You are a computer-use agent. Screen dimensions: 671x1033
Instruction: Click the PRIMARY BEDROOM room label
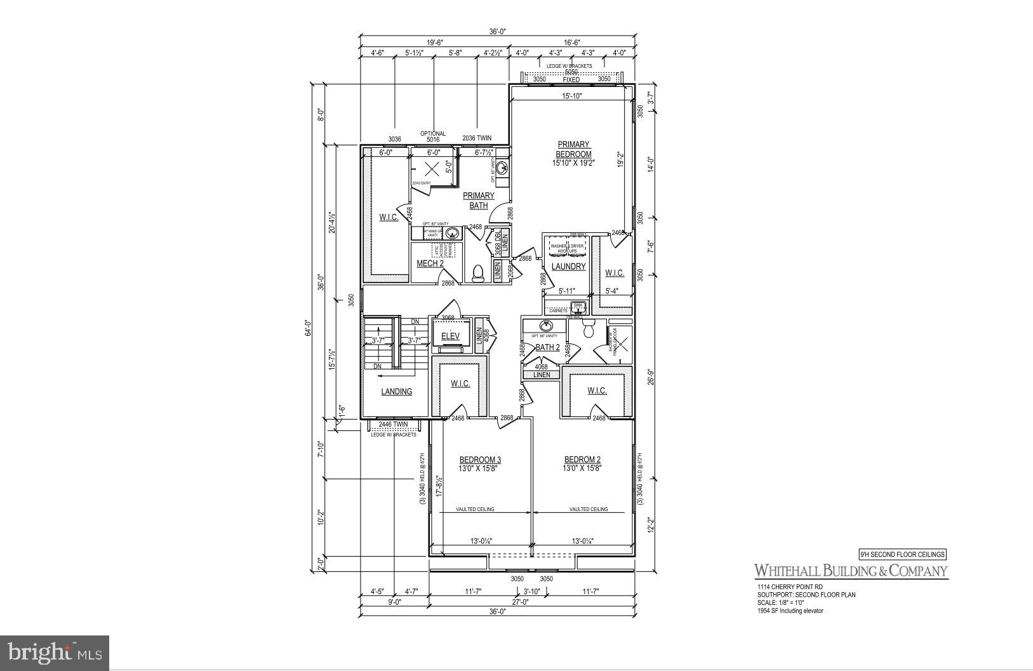pyautogui.click(x=573, y=149)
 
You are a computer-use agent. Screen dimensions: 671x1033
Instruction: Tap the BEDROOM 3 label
pyautogui.click(x=480, y=460)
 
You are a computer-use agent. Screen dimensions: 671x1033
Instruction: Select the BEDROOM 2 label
pyautogui.click(x=582, y=460)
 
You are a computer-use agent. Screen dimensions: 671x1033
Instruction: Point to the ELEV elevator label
pyautogui.click(x=450, y=336)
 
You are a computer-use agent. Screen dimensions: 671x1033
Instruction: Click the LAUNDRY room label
pyautogui.click(x=568, y=267)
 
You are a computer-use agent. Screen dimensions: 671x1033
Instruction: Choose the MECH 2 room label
pyautogui.click(x=430, y=263)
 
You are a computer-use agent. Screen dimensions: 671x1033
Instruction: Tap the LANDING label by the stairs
pyautogui.click(x=396, y=392)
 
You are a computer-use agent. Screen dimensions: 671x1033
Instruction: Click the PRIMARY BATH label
pyautogui.click(x=478, y=201)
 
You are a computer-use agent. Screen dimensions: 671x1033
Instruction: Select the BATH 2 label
pyautogui.click(x=547, y=347)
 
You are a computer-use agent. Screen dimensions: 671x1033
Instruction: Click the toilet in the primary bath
pyautogui.click(x=477, y=272)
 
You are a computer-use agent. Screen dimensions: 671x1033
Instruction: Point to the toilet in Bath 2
pyautogui.click(x=587, y=329)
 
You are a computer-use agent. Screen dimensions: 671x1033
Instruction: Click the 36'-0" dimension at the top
pyautogui.click(x=497, y=32)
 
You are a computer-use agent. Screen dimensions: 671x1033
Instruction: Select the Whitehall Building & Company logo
pyautogui.click(x=850, y=571)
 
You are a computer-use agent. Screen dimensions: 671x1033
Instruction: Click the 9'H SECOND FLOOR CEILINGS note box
pyautogui.click(x=902, y=554)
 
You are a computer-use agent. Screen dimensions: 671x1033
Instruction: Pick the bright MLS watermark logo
pyautogui.click(x=55, y=653)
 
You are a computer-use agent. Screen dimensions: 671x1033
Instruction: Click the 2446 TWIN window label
pyautogui.click(x=392, y=424)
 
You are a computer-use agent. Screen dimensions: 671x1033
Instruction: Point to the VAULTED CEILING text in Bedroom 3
pyautogui.click(x=475, y=509)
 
